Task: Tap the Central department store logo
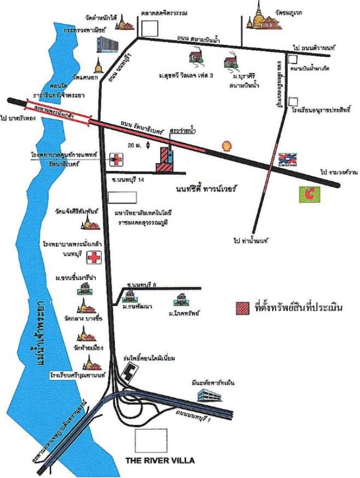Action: [286, 159]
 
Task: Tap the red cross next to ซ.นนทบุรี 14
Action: [116, 159]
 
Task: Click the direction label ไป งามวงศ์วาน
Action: [339, 172]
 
